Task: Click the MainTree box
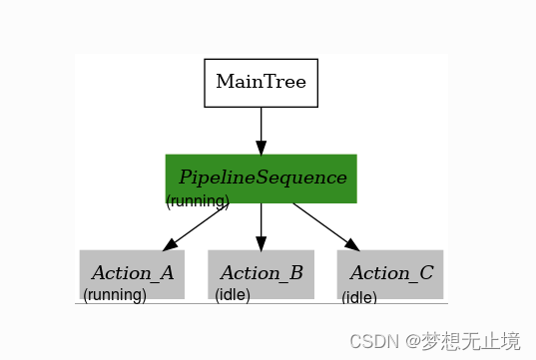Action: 261,82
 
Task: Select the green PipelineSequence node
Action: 261,177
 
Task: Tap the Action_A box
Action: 132,272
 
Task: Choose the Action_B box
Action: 261,272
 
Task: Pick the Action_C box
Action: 390,272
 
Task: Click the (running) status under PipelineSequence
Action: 198,201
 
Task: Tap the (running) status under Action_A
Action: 115,295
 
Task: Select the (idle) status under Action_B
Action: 233,295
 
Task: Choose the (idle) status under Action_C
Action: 359,297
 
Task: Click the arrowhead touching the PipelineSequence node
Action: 261,147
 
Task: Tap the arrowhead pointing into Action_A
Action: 171,243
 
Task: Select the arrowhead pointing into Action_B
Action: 261,242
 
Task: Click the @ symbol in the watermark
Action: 405,341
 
